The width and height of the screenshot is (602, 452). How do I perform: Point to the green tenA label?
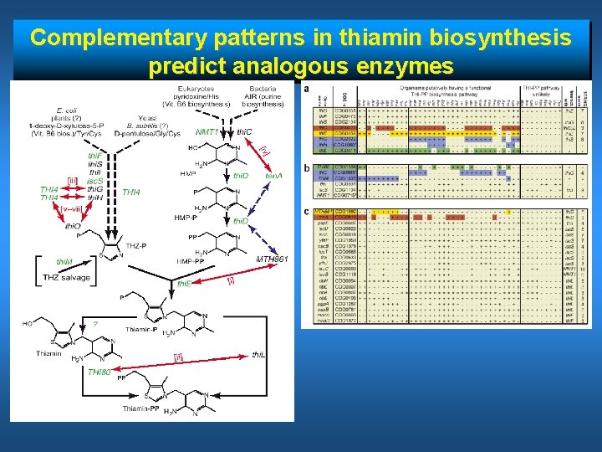click(273, 176)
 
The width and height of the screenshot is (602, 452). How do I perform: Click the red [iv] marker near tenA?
click(264, 152)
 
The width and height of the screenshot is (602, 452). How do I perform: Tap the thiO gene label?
click(74, 225)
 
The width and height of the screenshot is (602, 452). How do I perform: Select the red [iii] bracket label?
click(73, 180)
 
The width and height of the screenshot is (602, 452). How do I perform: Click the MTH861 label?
click(272, 259)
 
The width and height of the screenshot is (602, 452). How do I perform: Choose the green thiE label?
click(184, 284)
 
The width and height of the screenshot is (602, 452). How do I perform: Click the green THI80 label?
click(99, 372)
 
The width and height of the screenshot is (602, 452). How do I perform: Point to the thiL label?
click(260, 355)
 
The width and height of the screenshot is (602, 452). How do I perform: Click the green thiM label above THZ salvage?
click(64, 261)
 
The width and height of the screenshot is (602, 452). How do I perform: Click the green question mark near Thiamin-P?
click(95, 324)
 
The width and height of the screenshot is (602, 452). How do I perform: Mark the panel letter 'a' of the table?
click(306, 89)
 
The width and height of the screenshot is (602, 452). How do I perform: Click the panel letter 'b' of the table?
click(306, 167)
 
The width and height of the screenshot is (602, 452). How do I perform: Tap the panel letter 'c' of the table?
click(306, 210)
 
